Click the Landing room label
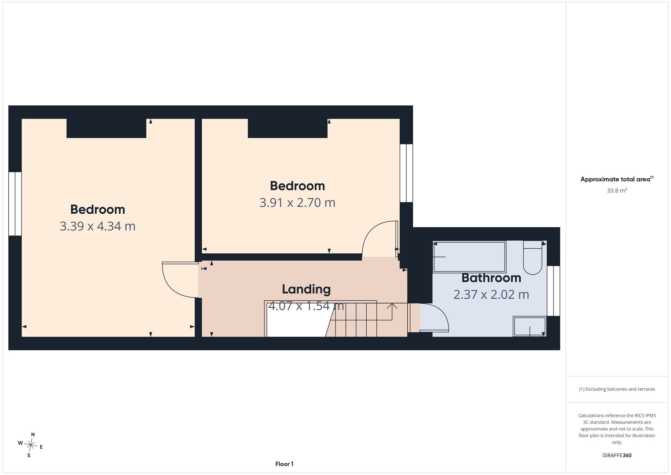click(x=306, y=289)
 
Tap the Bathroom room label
click(x=491, y=278)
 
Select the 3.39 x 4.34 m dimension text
click(x=98, y=226)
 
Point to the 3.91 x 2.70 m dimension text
click(x=297, y=203)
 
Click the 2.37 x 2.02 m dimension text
click(x=491, y=295)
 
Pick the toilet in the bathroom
click(x=532, y=258)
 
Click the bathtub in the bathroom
click(x=469, y=257)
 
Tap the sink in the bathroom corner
click(x=530, y=326)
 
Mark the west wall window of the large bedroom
click(x=15, y=204)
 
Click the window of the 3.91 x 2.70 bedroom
click(x=406, y=173)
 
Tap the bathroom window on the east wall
click(x=554, y=291)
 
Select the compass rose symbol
click(x=31, y=445)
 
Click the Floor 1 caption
click(x=284, y=464)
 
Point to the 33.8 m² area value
click(x=617, y=190)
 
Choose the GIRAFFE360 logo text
click(x=617, y=456)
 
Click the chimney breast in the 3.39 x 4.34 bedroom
click(x=106, y=128)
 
